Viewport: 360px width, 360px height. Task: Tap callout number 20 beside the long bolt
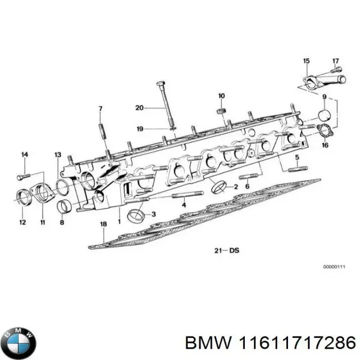[139, 108]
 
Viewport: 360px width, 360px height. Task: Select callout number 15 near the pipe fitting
[307, 61]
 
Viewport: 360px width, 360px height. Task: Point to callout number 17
[336, 61]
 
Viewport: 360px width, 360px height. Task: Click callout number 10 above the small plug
[221, 96]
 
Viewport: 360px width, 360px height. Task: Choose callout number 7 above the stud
[101, 109]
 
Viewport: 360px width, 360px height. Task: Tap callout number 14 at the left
[25, 155]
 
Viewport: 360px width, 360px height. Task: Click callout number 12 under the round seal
[22, 223]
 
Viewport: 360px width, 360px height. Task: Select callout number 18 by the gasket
[103, 224]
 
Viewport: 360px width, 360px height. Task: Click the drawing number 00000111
[333, 266]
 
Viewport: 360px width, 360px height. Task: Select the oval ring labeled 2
[220, 187]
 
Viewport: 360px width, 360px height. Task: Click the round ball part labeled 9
[324, 115]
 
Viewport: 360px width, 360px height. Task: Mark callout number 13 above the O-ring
[58, 155]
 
